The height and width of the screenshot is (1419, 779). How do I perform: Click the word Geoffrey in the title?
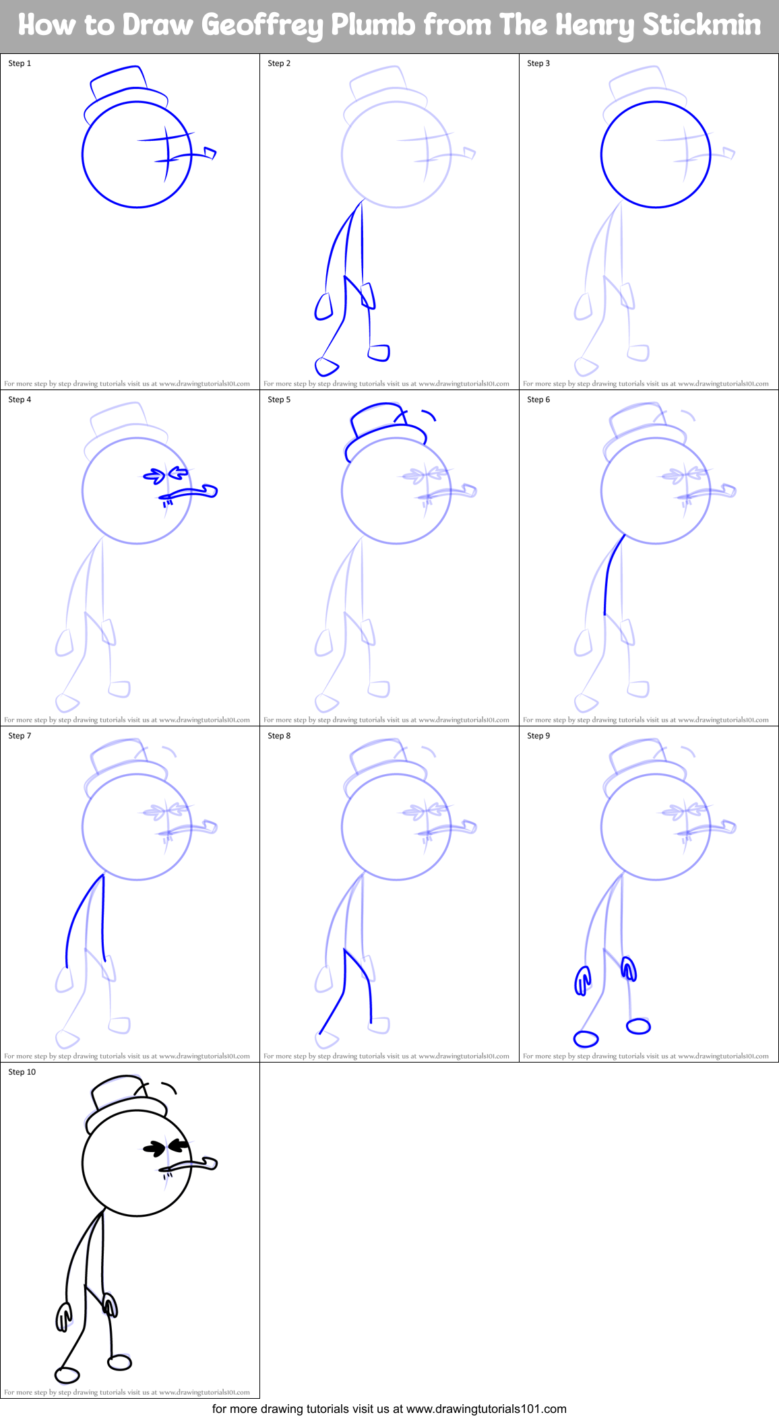(262, 26)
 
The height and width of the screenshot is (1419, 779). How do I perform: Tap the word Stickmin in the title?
(701, 26)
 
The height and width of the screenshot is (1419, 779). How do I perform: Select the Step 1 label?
(20, 63)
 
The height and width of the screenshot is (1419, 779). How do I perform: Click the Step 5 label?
(279, 400)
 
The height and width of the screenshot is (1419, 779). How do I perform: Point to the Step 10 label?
(22, 1072)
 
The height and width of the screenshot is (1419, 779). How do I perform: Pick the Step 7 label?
(20, 736)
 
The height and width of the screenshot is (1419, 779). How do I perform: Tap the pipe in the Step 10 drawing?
(195, 1164)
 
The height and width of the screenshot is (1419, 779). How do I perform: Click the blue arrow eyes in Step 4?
(166, 476)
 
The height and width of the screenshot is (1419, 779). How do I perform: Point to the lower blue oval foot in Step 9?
(586, 1039)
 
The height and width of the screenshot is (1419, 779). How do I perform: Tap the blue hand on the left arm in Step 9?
(582, 980)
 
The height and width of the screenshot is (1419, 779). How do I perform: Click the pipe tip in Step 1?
(210, 154)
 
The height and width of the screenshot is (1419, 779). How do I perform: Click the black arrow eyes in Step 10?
(166, 1147)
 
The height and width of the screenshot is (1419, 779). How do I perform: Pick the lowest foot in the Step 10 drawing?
(67, 1374)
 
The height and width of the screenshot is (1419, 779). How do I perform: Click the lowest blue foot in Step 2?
(326, 366)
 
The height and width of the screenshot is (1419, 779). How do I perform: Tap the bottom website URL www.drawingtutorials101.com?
(486, 1409)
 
